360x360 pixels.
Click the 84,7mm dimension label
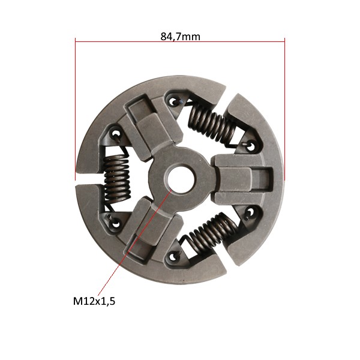[x=180, y=37]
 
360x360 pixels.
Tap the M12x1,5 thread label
[x=94, y=301]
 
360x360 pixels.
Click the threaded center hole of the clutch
[x=180, y=179]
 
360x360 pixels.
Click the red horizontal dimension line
[x=180, y=42]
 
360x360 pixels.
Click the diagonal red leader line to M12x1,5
[x=135, y=242]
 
